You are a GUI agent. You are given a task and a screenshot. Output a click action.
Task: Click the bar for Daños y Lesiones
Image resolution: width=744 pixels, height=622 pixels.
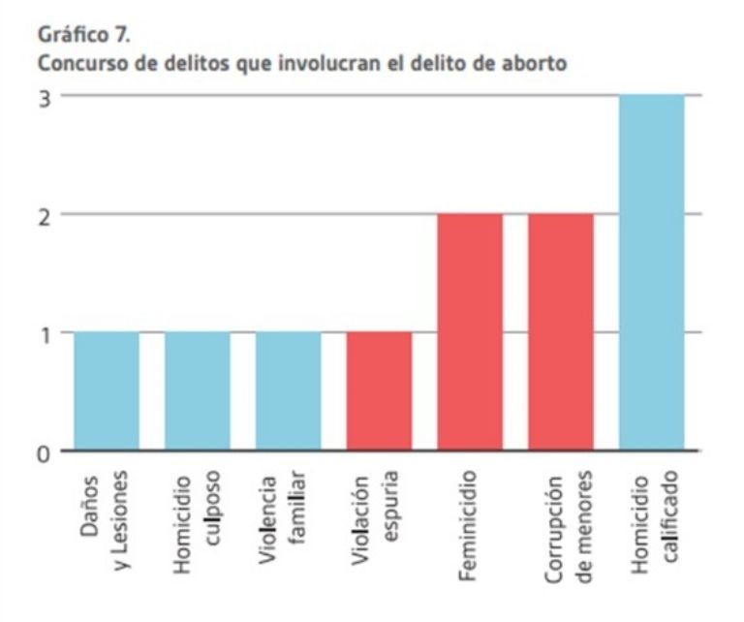107,391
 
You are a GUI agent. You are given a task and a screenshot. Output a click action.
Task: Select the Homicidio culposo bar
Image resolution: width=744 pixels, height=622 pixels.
198,391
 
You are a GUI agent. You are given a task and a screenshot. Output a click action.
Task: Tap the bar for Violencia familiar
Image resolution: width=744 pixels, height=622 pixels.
289,391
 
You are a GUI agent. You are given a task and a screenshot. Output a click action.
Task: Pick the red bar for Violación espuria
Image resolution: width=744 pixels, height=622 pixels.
379,391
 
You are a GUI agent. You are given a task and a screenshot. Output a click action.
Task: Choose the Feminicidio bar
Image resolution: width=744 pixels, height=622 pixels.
470,332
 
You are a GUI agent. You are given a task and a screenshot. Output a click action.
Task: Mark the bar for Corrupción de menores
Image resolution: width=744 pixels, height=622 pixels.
561,332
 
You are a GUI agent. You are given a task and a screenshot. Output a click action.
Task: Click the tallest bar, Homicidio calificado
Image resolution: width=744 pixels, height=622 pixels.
652,273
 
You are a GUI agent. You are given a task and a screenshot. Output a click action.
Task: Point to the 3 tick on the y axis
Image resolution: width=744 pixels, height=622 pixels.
43,96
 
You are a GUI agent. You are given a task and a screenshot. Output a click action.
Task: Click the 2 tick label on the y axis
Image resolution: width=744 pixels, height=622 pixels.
43,214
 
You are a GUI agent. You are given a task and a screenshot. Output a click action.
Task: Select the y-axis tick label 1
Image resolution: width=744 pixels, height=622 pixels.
43,332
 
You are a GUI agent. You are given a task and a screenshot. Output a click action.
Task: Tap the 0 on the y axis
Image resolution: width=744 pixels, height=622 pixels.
43,451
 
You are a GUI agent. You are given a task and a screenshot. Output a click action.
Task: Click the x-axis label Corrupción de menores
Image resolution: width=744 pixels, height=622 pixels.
561,528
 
